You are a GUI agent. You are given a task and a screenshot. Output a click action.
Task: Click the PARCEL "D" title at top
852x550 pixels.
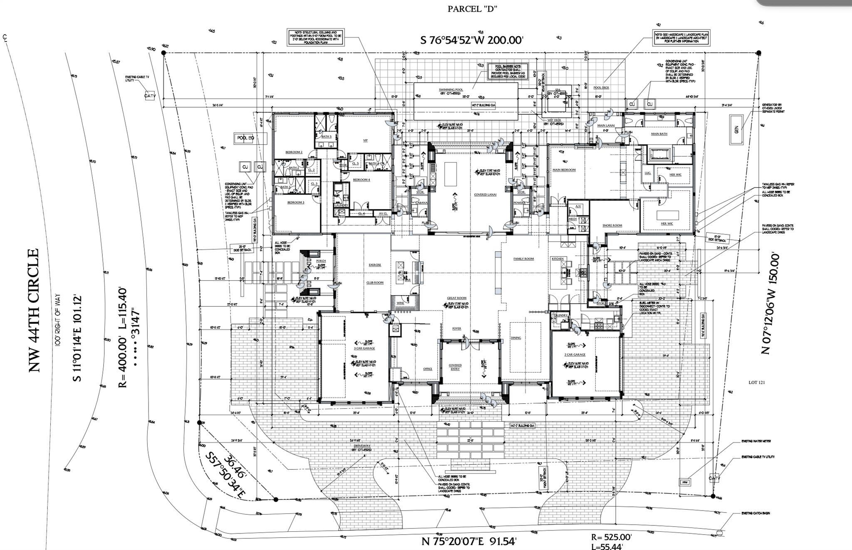coord(473,9)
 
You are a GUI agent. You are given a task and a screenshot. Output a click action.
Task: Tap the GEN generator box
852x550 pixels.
coord(736,130)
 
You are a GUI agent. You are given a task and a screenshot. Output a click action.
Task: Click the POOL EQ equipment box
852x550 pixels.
coord(245,138)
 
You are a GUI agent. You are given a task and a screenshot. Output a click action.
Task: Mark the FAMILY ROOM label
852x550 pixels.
coord(523,259)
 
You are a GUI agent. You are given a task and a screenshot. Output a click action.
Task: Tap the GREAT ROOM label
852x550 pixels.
coord(456,298)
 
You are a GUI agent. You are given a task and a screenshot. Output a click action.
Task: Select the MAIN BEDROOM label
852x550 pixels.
coord(564,170)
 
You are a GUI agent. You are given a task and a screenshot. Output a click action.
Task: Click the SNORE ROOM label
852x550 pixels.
coord(612,225)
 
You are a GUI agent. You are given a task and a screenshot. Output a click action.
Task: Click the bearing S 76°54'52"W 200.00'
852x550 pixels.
coord(472,40)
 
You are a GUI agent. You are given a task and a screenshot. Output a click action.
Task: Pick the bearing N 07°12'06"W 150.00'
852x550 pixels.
coord(769,303)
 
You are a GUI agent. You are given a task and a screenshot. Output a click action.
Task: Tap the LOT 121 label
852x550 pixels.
coord(756,382)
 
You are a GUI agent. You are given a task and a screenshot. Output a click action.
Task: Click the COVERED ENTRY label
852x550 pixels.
coord(455,367)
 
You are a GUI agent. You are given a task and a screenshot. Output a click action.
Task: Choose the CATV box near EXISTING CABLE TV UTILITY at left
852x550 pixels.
coord(150,96)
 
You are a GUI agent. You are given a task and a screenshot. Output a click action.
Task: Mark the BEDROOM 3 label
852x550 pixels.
coord(295,202)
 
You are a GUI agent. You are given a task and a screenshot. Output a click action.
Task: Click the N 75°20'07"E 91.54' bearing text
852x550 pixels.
coord(469,542)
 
